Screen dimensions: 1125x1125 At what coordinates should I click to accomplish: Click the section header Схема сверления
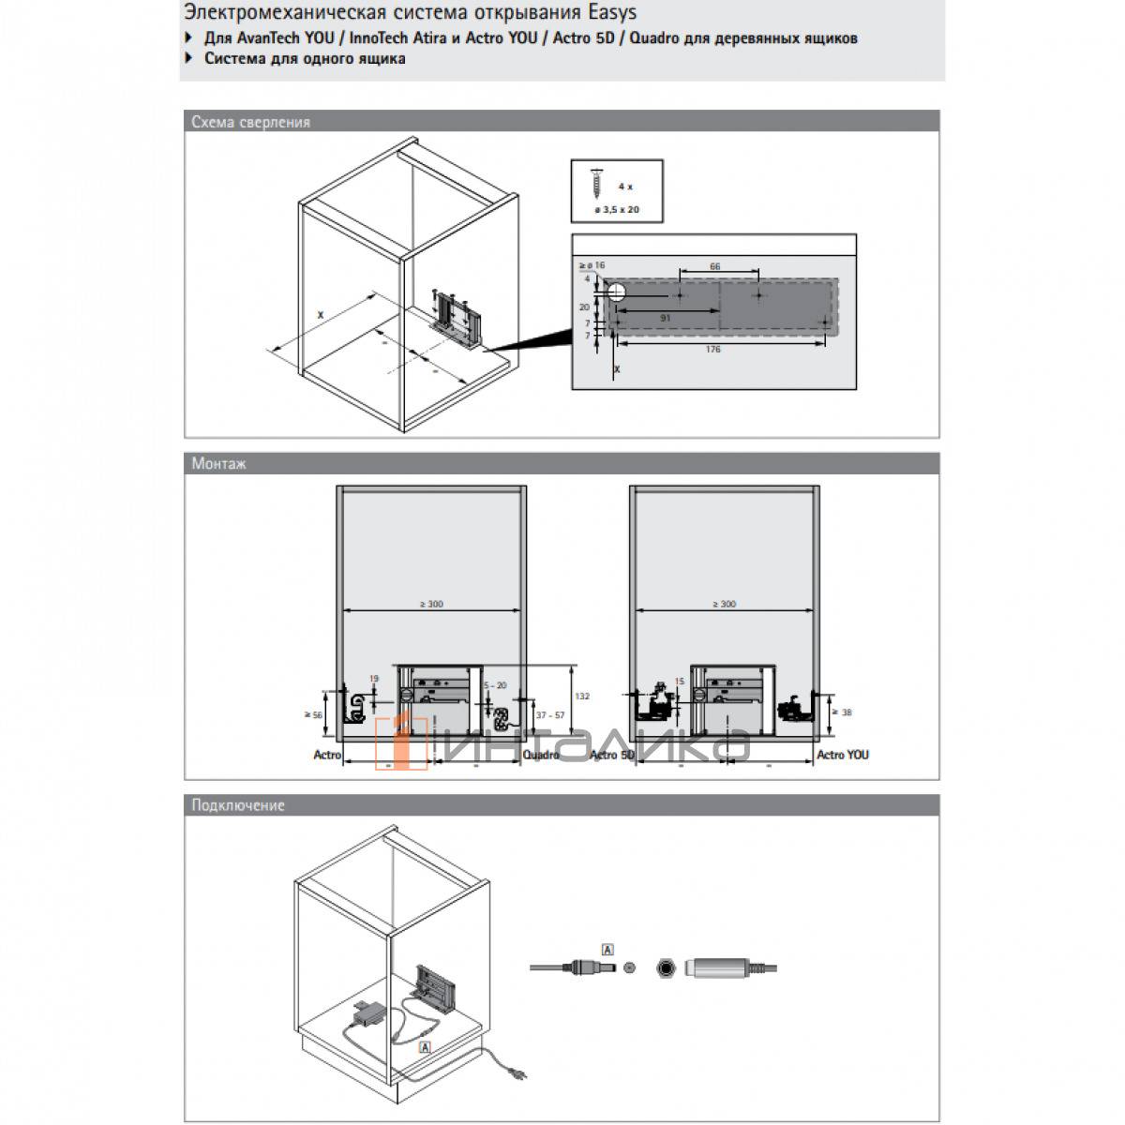[250, 122]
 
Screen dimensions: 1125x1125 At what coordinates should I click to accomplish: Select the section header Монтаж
[219, 463]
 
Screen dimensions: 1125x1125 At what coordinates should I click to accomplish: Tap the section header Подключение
[238, 805]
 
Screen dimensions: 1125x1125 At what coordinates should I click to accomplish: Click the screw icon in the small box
[597, 181]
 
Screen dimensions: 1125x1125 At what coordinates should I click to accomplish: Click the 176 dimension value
[712, 350]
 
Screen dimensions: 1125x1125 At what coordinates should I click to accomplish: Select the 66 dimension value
[714, 267]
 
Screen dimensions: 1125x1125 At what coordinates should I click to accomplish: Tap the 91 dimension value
[665, 318]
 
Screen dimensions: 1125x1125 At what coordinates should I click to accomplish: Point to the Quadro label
[541, 755]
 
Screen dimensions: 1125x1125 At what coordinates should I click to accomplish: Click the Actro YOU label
[842, 755]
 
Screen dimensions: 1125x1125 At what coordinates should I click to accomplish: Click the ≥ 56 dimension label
[313, 714]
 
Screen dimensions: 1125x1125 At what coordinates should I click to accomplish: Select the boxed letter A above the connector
[607, 951]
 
